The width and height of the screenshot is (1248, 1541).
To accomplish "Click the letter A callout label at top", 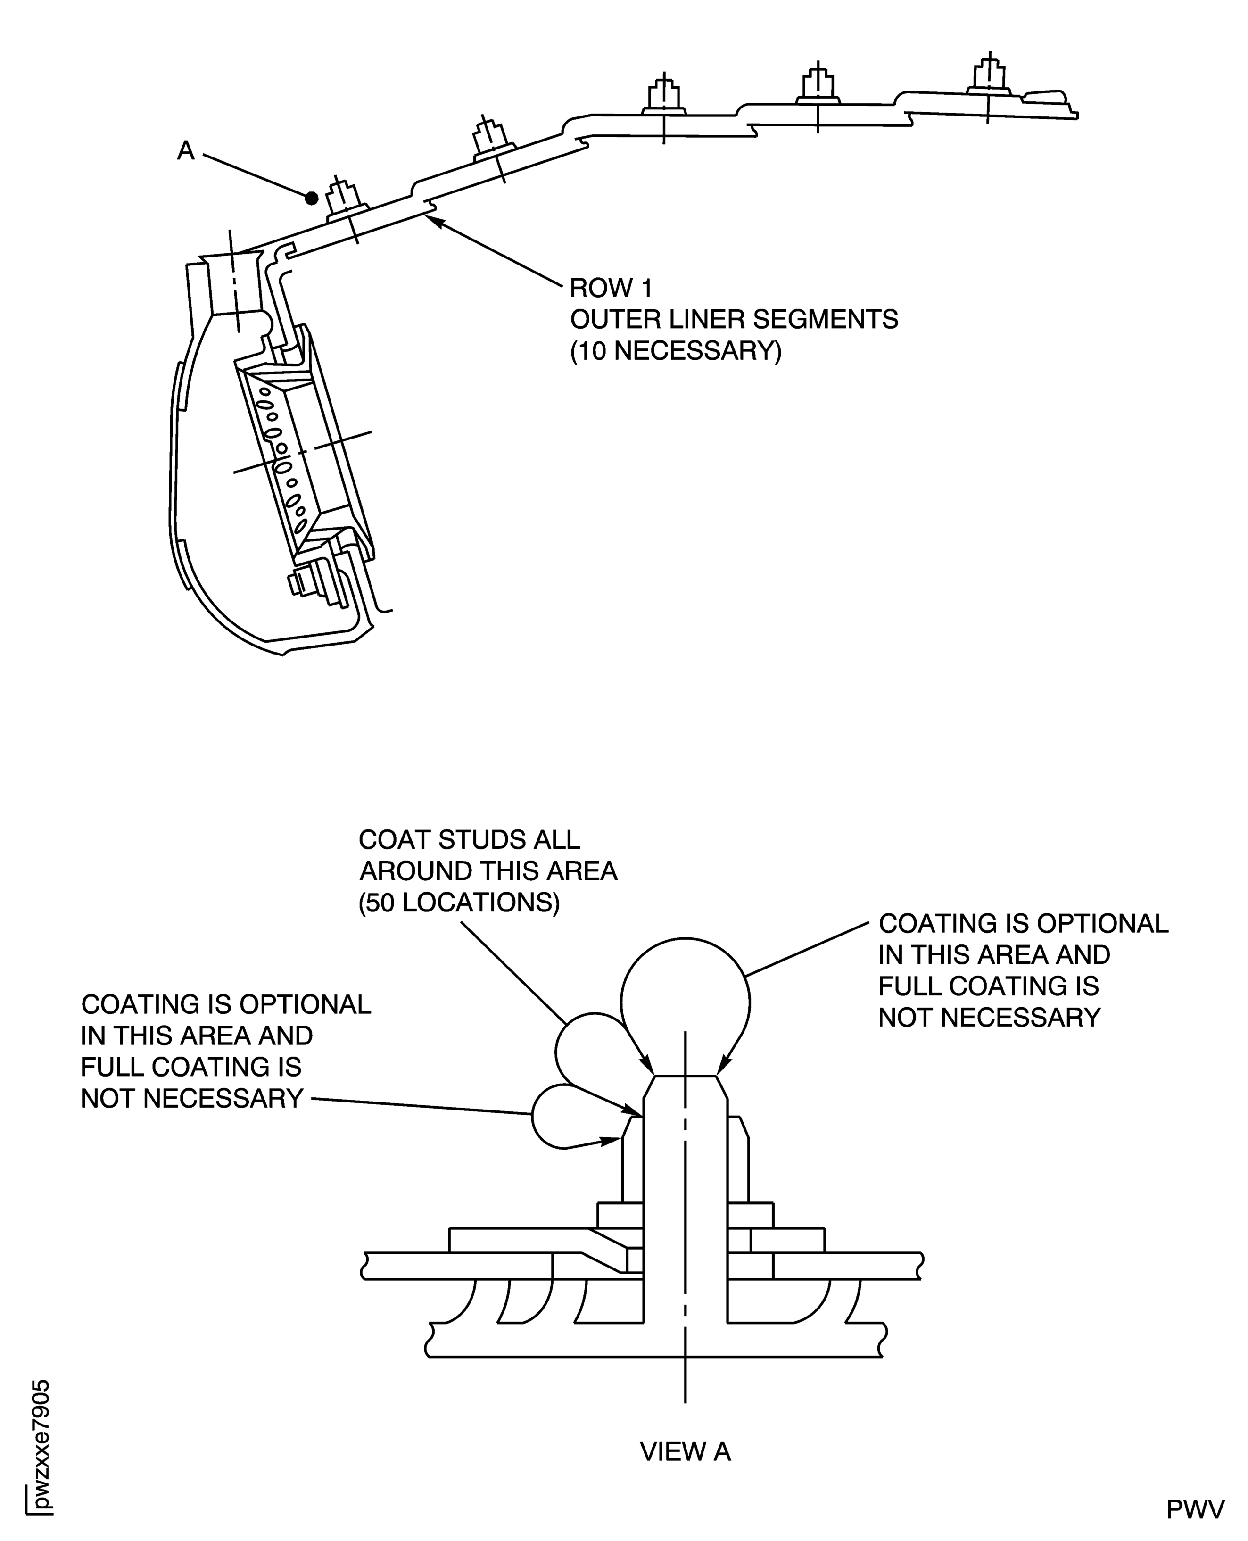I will [x=185, y=150].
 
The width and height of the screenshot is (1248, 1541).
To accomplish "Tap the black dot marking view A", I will [x=311, y=198].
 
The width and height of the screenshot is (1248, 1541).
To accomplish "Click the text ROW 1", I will [x=611, y=289].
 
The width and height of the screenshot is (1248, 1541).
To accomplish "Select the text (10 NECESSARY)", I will [x=675, y=352].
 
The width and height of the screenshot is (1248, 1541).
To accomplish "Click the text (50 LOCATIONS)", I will [x=459, y=903].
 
